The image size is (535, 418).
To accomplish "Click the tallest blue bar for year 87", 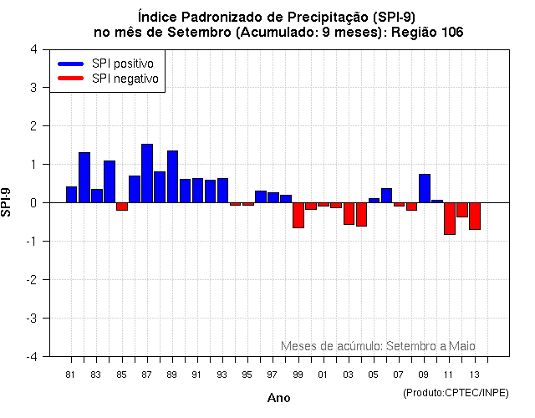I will click(x=147, y=173).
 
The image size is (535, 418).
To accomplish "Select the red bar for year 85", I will click(x=122, y=206).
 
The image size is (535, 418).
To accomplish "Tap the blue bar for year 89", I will click(x=172, y=176).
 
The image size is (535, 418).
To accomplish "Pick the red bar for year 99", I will click(x=298, y=215).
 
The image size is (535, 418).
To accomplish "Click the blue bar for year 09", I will click(x=425, y=188).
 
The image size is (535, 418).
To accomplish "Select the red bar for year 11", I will click(x=450, y=218).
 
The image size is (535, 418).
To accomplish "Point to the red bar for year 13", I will click(x=475, y=216).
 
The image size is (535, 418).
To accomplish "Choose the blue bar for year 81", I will click(x=72, y=194).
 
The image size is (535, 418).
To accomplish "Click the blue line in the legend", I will click(x=70, y=64).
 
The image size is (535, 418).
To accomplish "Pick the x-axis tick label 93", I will click(x=222, y=374).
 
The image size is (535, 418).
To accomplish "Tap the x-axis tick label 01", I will click(x=323, y=374).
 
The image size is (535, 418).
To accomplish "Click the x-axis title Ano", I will click(x=279, y=398).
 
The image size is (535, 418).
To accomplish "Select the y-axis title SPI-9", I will click(x=8, y=202).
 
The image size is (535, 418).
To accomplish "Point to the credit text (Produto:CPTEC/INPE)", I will click(x=455, y=391).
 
